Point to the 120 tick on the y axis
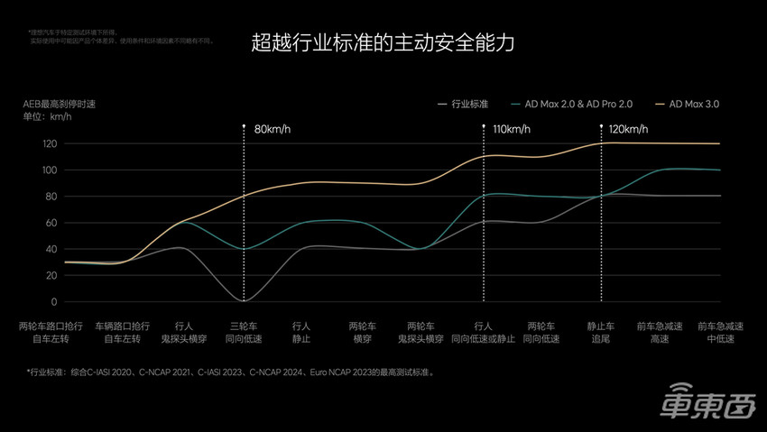[x=50, y=144]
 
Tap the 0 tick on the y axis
[x=54, y=302]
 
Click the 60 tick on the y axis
[x=51, y=223]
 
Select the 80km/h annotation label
[x=273, y=129]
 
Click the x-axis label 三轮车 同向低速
[x=244, y=332]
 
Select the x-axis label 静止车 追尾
[x=602, y=332]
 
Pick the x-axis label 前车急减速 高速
[x=661, y=332]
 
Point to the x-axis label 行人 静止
[x=302, y=332]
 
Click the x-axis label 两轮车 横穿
[x=363, y=332]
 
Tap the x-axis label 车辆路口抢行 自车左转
[x=124, y=332]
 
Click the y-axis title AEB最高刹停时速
[x=60, y=105]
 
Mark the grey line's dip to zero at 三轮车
[x=244, y=300]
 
